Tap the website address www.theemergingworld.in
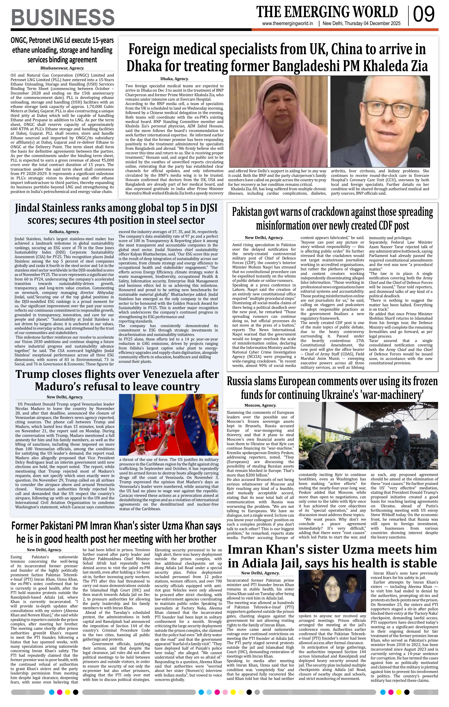coord(288,24)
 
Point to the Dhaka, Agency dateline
coord(174,79)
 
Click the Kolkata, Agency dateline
coord(64,232)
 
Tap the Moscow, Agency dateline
coord(260,405)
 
